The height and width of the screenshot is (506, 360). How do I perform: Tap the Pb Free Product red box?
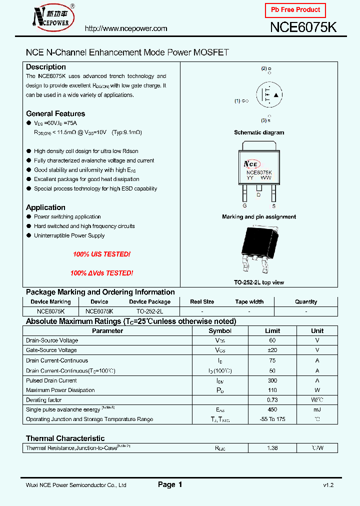(295, 10)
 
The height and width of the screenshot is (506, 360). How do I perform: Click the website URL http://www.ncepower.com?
(126, 28)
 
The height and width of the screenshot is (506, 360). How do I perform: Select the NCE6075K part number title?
(303, 27)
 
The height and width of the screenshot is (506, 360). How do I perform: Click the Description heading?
(46, 67)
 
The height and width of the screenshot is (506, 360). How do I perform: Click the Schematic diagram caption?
(259, 132)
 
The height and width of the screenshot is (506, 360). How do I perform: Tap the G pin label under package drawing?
(244, 206)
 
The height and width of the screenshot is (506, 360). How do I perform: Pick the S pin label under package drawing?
(273, 206)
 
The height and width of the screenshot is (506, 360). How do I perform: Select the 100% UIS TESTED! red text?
(101, 254)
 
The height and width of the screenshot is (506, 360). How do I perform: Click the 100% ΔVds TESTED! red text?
(101, 273)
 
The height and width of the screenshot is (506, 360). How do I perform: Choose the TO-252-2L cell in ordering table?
(149, 311)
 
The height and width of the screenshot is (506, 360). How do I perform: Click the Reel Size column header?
(202, 302)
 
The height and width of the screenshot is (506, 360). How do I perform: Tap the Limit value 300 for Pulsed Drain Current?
(272, 380)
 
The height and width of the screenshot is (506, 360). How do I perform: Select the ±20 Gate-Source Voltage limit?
(272, 350)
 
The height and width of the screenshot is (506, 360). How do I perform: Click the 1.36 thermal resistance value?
(272, 448)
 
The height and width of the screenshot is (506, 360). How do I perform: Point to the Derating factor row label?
(43, 400)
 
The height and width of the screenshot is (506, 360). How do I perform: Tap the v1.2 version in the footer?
(328, 485)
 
